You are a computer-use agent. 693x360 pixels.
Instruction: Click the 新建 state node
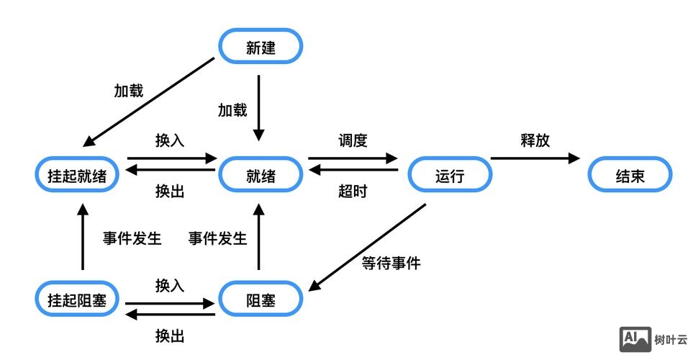click(261, 48)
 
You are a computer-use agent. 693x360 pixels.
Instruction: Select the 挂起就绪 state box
click(77, 175)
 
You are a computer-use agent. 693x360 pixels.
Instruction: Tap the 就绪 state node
click(261, 175)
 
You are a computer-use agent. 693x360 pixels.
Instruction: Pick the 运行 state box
click(450, 175)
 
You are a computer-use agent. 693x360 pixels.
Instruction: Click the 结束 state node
click(630, 175)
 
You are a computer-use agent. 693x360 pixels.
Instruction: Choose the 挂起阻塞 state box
click(77, 300)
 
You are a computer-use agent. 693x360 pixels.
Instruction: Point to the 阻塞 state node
click(261, 300)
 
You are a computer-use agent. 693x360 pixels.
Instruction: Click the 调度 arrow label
click(353, 140)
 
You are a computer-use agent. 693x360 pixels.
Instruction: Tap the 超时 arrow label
click(353, 192)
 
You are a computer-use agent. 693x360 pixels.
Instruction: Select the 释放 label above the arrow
click(535, 140)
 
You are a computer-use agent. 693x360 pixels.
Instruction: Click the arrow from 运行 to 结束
click(535, 158)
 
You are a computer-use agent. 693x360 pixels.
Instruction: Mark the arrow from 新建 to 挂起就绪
click(149, 102)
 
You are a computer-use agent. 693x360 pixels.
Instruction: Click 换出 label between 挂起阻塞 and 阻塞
click(170, 336)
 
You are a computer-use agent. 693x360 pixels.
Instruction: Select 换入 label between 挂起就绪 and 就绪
click(170, 140)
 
